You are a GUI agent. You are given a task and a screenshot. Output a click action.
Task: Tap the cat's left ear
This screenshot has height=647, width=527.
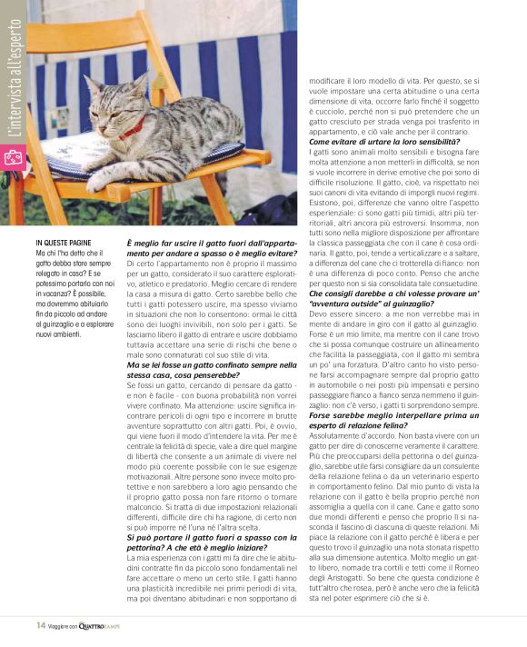pyautogui.click(x=94, y=85)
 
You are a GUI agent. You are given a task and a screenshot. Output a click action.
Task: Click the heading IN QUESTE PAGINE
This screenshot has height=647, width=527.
pyautogui.click(x=65, y=244)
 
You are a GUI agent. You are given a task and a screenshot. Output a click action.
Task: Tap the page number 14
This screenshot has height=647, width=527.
pyautogui.click(x=41, y=625)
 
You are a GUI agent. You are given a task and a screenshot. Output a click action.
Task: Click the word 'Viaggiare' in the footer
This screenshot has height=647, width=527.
pyautogui.click(x=65, y=625)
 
